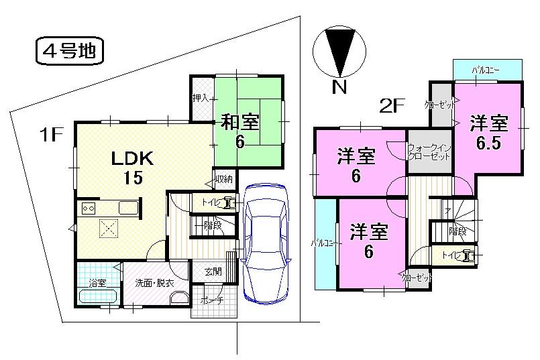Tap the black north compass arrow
(x=340, y=52)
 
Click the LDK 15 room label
(x=133, y=168)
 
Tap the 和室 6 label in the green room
(x=239, y=131)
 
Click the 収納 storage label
(x=223, y=178)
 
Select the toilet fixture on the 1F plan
(x=230, y=202)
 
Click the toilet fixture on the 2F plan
(x=468, y=255)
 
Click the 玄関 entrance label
(x=213, y=272)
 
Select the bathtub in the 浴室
(x=99, y=296)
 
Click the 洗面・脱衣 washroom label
(x=154, y=284)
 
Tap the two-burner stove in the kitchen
(x=89, y=208)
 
